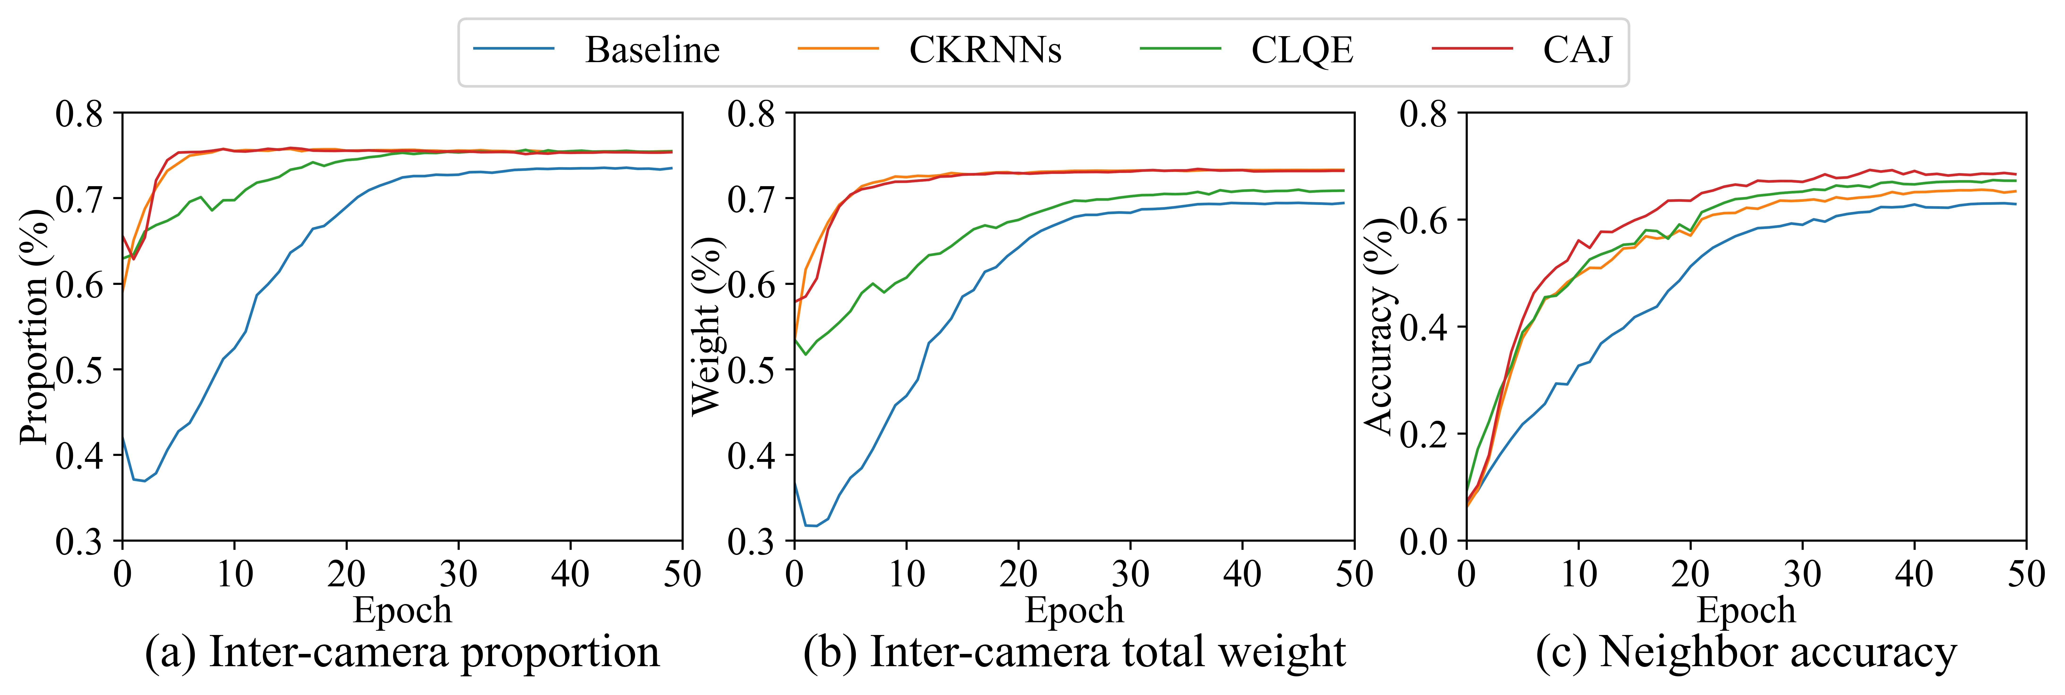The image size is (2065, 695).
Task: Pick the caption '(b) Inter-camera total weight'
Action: [1074, 652]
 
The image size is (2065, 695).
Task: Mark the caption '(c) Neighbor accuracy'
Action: [1746, 652]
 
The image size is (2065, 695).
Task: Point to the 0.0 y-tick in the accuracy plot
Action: [1423, 542]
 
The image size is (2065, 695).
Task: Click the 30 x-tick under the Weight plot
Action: [1130, 574]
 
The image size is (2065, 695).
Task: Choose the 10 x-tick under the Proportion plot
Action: [234, 574]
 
